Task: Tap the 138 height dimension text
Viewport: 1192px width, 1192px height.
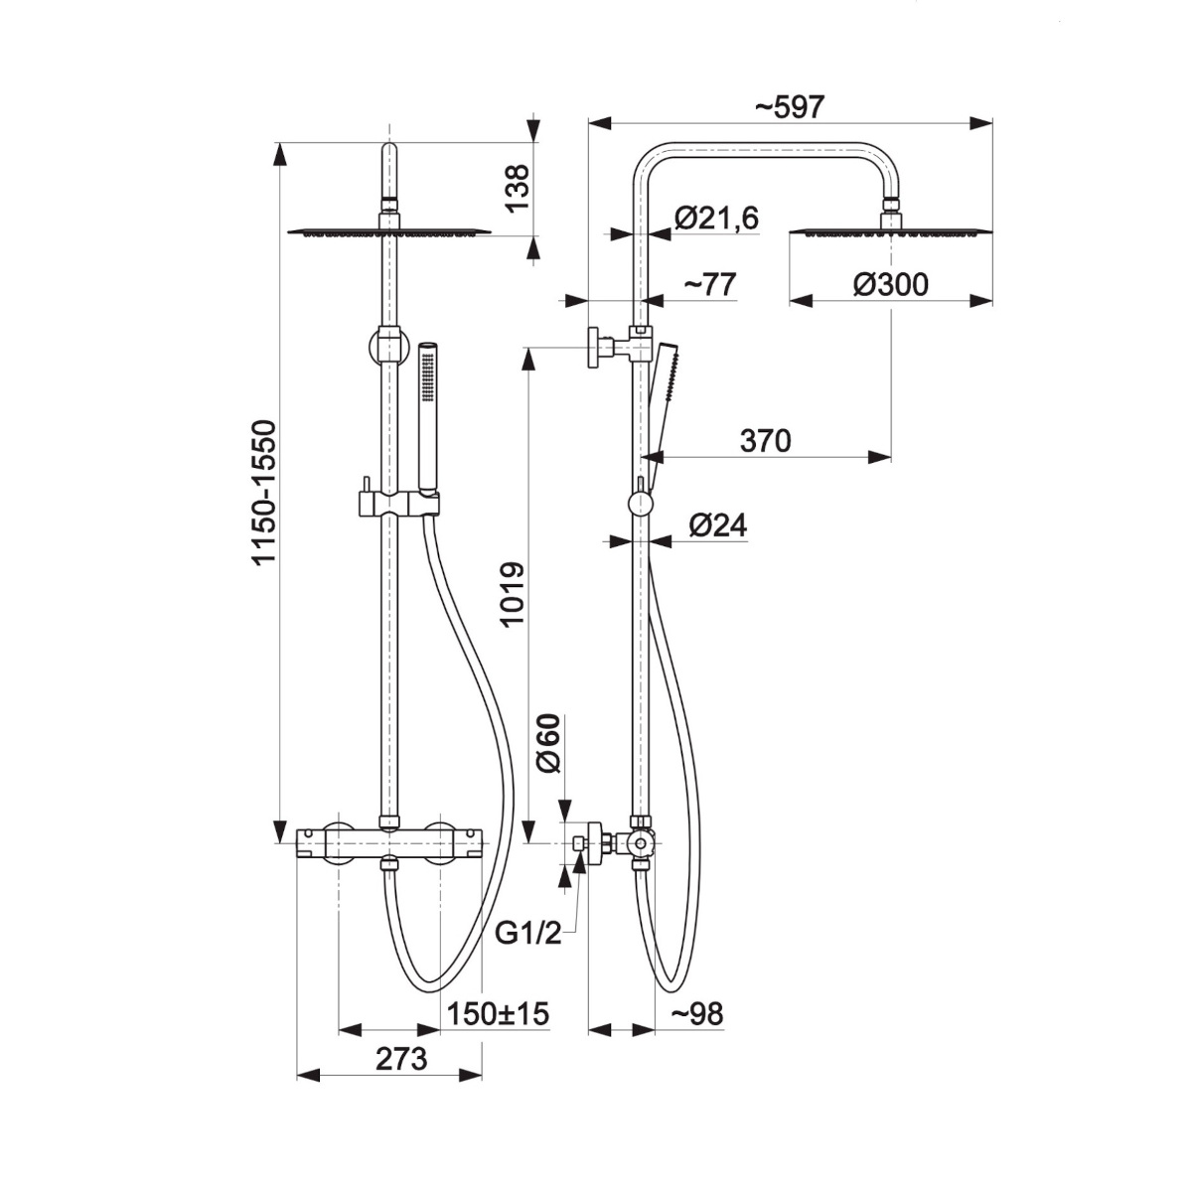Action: click(518, 189)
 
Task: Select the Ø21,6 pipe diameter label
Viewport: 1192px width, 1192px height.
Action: click(716, 219)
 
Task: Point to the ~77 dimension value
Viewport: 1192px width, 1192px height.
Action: click(710, 285)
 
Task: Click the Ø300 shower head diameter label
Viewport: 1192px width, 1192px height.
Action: click(890, 285)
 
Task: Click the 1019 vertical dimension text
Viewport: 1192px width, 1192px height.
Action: click(513, 594)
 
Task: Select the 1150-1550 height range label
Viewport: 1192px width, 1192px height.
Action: click(264, 493)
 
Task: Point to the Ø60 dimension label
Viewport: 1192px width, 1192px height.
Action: click(548, 743)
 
